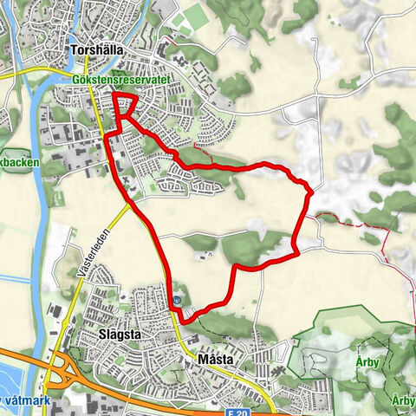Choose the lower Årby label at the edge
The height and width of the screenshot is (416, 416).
coord(403,400)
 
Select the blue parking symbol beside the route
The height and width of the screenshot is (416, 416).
coord(177,302)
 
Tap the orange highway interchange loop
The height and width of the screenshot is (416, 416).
coord(60,374)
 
